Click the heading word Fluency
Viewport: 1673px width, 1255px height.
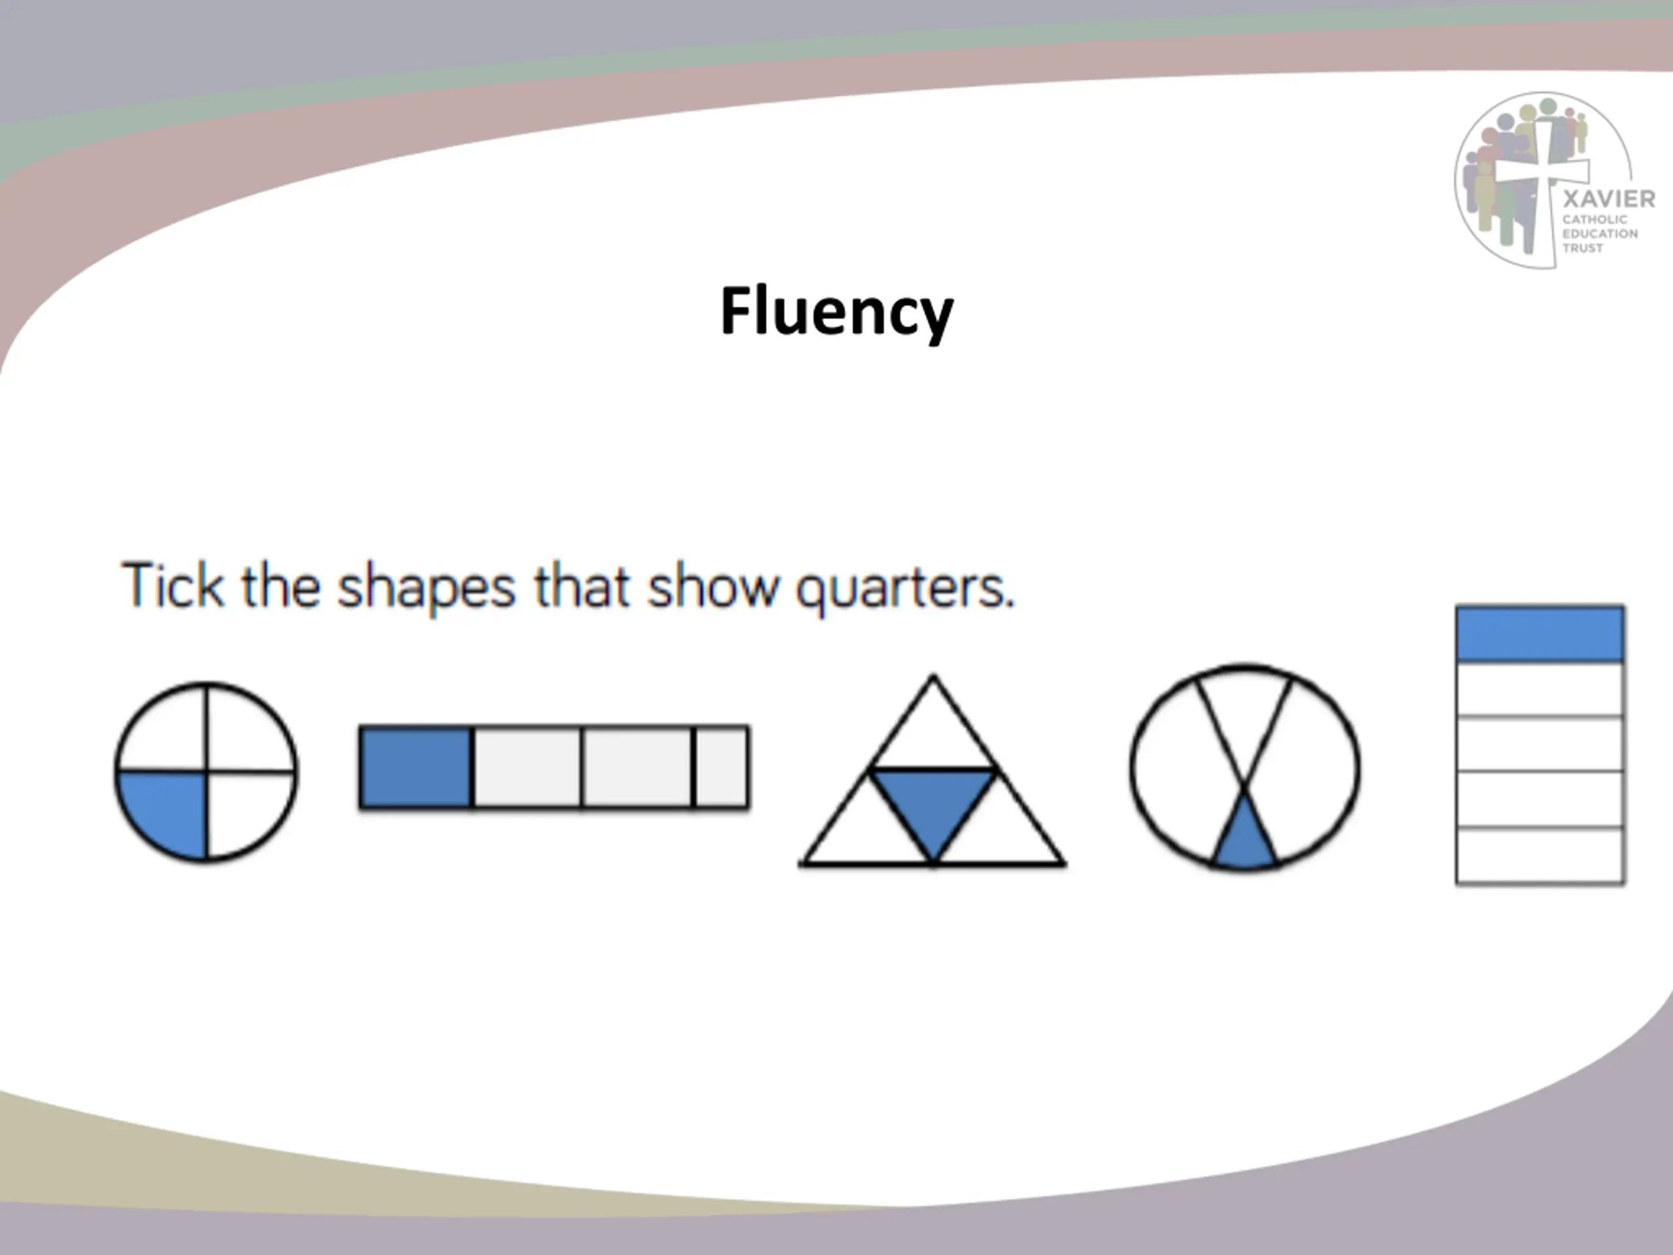click(x=836, y=312)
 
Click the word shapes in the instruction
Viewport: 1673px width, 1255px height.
click(x=426, y=588)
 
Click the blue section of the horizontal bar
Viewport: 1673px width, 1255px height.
click(x=415, y=767)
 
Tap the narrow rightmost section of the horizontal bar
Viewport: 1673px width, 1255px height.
click(x=721, y=767)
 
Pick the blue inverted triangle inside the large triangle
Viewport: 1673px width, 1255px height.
click(x=933, y=802)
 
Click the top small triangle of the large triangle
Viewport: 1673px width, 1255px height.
click(x=933, y=730)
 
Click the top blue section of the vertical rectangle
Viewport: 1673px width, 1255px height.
click(x=1540, y=634)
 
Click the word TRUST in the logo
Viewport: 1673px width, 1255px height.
click(x=1583, y=248)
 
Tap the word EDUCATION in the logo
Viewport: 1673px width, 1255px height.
click(x=1600, y=234)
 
